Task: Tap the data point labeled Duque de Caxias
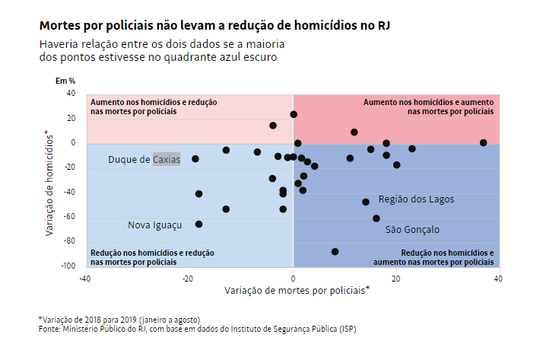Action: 195,159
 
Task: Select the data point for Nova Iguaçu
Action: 198,225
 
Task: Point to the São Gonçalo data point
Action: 376,218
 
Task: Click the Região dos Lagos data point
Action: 366,202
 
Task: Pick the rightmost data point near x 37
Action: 484,142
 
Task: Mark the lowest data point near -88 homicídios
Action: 335,251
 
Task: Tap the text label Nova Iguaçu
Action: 154,225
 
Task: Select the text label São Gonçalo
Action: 412,229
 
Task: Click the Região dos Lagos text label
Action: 416,199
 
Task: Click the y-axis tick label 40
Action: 71,93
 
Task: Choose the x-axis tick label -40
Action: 85,279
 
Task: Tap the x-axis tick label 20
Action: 395,279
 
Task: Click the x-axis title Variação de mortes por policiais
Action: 297,290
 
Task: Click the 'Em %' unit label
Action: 65,80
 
